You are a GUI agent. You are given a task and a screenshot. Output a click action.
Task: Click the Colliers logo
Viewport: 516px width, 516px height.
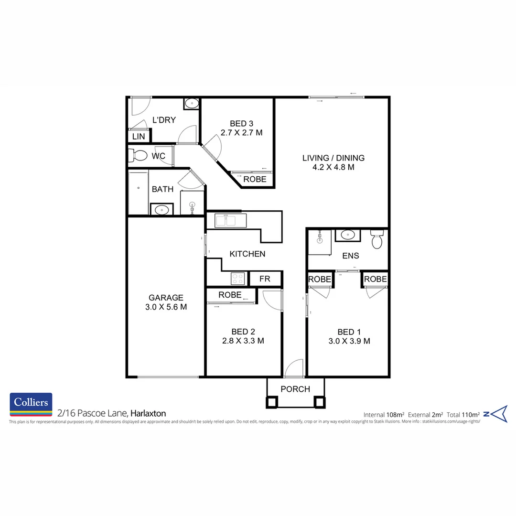(x=31, y=405)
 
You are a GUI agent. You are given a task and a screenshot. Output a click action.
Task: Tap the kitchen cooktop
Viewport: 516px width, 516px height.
(x=237, y=278)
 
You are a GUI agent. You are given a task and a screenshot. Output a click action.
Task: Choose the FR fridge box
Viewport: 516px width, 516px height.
(x=265, y=279)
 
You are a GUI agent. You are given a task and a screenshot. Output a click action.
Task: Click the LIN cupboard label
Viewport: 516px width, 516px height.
(x=139, y=137)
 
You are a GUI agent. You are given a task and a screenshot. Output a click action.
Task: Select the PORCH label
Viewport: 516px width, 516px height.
(x=295, y=389)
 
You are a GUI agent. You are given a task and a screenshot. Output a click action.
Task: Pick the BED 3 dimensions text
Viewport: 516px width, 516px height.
(x=241, y=132)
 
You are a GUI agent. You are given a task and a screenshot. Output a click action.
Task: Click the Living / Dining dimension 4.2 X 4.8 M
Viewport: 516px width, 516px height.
(x=333, y=167)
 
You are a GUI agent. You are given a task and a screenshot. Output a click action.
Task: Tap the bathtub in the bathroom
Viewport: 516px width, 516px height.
(x=138, y=193)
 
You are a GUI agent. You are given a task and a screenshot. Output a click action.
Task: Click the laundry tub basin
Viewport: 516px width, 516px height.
(x=192, y=103)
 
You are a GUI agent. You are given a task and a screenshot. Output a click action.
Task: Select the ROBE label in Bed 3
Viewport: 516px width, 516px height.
(x=255, y=179)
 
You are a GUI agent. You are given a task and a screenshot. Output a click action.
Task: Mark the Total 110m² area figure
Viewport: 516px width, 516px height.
(x=463, y=414)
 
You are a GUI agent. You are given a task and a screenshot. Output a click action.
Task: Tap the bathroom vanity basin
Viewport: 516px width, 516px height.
(x=161, y=209)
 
